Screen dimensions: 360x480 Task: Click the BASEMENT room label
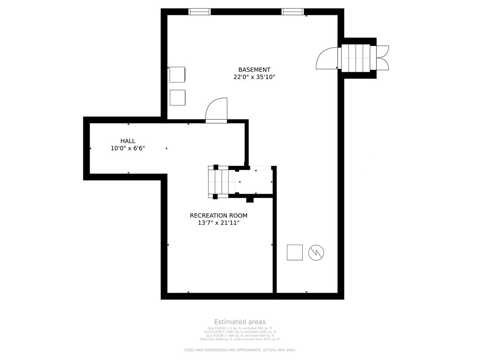click(x=254, y=70)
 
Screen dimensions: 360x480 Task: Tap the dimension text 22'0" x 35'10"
click(x=254, y=77)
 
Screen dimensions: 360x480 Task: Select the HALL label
click(x=127, y=141)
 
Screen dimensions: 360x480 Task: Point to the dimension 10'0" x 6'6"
click(x=127, y=149)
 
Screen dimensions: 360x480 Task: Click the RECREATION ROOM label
click(x=218, y=216)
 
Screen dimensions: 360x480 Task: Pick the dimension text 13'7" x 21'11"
click(x=218, y=223)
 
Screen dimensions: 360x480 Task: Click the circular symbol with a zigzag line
click(x=316, y=253)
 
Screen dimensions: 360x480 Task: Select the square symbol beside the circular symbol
click(x=295, y=253)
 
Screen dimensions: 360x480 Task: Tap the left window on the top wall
click(x=200, y=12)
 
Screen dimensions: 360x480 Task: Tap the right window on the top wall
click(x=292, y=12)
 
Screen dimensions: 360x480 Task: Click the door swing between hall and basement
click(x=217, y=110)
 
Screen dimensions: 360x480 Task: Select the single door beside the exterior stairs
click(x=327, y=59)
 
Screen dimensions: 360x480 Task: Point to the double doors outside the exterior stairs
click(x=382, y=58)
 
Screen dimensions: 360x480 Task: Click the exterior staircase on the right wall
click(x=356, y=58)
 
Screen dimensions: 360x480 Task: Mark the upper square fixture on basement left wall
click(x=177, y=75)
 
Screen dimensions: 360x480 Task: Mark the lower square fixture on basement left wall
click(x=177, y=97)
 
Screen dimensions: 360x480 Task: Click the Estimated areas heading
click(x=240, y=322)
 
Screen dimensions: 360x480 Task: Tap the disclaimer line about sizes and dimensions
click(x=240, y=350)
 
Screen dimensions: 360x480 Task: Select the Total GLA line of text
click(x=240, y=339)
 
